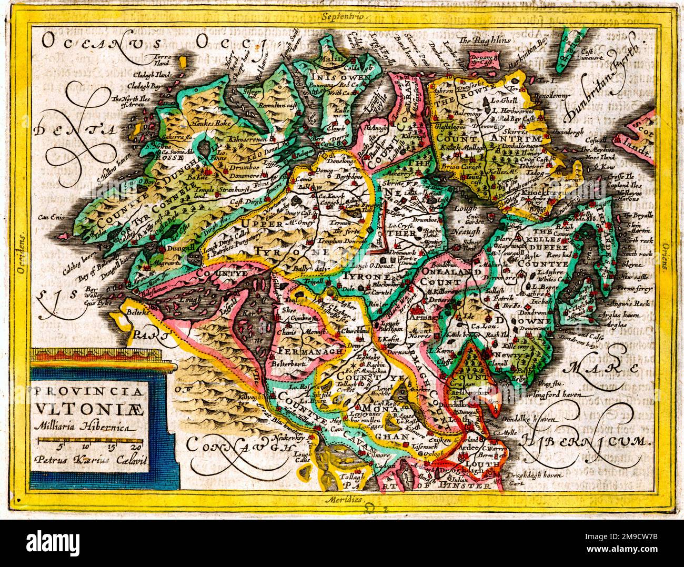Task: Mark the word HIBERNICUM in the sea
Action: pyautogui.click(x=586, y=440)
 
